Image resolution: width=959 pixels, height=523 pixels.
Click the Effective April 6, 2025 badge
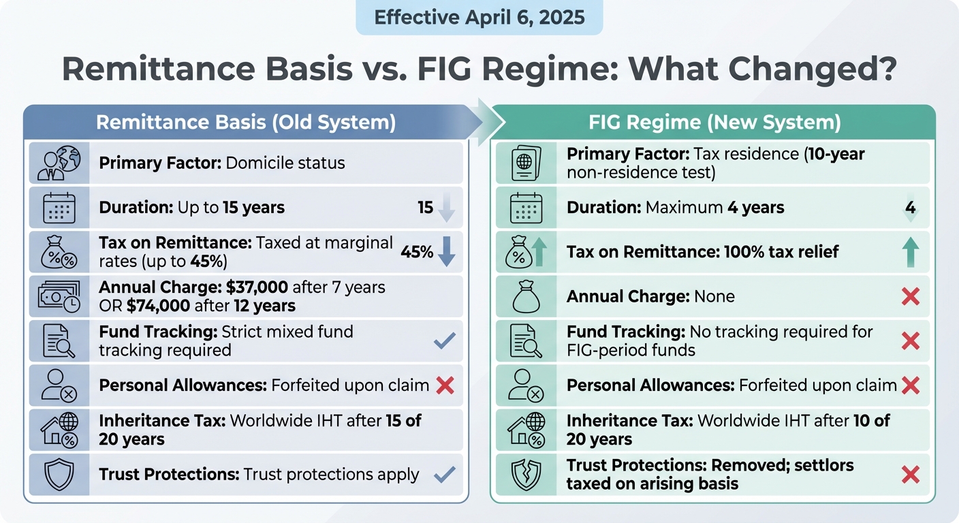pos(479,17)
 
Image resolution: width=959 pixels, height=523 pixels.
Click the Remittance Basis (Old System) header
pos(245,123)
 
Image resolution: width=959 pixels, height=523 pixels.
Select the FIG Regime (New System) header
pos(714,123)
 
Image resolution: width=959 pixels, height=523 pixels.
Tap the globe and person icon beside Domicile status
pos(59,163)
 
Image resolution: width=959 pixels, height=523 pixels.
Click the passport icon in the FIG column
pos(526,163)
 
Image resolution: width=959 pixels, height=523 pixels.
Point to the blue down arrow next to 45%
pos(446,251)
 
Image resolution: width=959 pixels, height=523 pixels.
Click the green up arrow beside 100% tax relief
pos(911,251)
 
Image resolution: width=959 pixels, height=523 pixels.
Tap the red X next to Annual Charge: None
pos(911,296)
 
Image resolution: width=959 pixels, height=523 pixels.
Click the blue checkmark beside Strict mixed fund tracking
pos(444,341)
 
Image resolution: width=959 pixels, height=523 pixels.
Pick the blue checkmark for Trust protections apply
pos(444,474)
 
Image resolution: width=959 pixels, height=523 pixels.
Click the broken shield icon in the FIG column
pos(526,475)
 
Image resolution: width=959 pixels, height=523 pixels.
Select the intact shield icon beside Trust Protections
pos(59,475)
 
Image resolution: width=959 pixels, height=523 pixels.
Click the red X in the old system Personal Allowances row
pos(444,385)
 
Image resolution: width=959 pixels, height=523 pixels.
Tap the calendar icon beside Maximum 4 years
pos(526,208)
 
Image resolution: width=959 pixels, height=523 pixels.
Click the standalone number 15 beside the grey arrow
pos(426,208)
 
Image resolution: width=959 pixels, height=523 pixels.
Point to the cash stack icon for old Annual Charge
pos(59,296)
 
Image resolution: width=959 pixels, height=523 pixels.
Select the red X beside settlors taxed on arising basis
pos(911,475)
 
